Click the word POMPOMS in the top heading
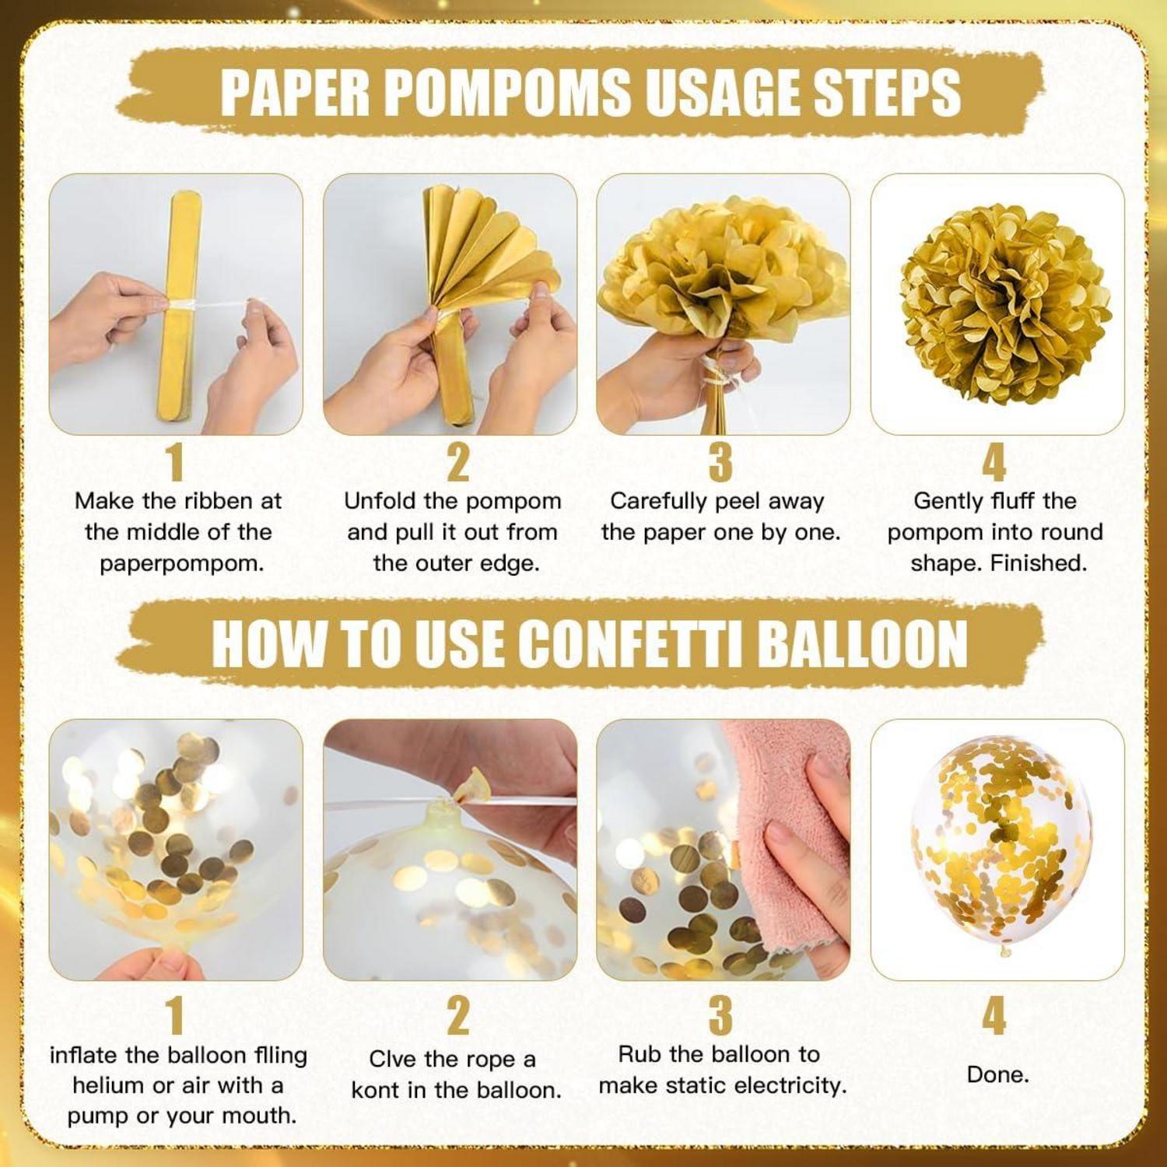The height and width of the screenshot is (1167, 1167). (508, 92)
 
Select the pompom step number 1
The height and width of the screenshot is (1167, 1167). (177, 462)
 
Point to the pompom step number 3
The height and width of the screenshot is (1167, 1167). (721, 462)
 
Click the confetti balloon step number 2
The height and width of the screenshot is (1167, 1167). (458, 1016)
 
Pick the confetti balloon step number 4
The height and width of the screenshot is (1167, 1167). (994, 1016)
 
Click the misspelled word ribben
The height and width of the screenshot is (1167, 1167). (219, 501)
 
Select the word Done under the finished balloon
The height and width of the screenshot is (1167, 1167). (997, 1075)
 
